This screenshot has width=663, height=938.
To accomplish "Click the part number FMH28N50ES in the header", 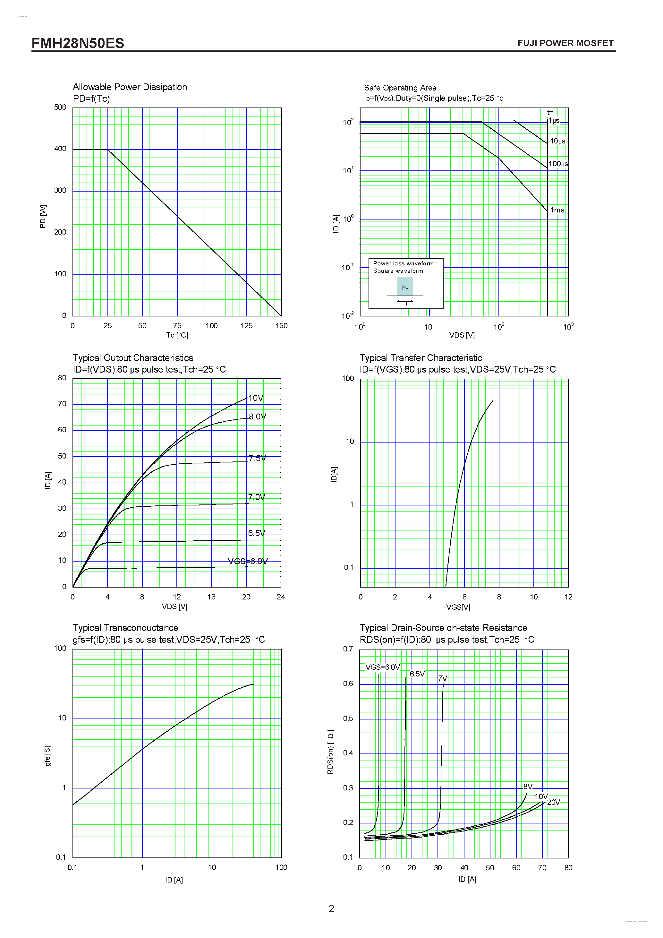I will click(78, 43).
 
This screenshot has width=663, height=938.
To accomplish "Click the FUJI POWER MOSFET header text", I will click(565, 43).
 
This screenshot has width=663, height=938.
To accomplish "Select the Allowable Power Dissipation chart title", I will click(130, 87).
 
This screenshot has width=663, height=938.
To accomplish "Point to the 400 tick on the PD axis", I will click(60, 149).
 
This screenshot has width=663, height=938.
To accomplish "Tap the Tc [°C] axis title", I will click(177, 335).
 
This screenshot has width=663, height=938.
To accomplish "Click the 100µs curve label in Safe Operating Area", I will click(558, 164).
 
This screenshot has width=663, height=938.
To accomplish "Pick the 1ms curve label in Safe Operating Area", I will click(557, 210).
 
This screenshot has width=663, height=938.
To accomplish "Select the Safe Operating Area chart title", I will click(400, 88).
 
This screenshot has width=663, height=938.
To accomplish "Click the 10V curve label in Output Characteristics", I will click(256, 398).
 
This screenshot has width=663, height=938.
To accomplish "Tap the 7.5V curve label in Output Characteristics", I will click(257, 458).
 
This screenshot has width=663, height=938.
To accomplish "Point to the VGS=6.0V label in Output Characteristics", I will click(247, 561).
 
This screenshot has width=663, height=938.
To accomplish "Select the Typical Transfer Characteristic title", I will click(421, 358).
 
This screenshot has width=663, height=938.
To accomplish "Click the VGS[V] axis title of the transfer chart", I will click(458, 607).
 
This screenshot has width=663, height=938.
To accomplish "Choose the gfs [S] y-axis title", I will click(48, 756).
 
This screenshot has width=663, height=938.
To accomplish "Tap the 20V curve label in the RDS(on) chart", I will click(553, 802).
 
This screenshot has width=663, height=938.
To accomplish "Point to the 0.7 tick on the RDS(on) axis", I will click(348, 649).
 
